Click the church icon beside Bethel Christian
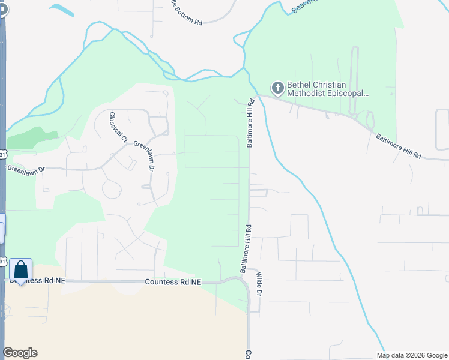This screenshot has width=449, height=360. point(277,88)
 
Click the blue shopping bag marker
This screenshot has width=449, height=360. point(20,271)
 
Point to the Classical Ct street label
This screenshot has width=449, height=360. point(118,127)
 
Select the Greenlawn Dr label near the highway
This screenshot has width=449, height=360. point(26,167)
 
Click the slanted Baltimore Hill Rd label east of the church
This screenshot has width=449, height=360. point(399,146)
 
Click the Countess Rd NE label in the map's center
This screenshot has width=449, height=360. point(173,282)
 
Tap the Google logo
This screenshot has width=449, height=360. point(20,353)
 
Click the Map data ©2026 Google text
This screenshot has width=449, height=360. point(411,355)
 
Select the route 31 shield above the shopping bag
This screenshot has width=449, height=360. point(3,262)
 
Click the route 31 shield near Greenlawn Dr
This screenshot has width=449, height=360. point(3,155)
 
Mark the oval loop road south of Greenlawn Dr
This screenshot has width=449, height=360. point(112,188)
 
